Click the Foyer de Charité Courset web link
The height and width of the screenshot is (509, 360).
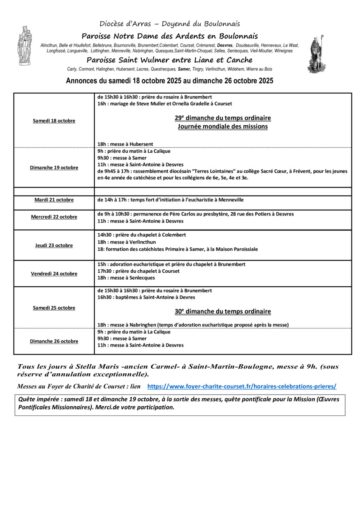point(241,386)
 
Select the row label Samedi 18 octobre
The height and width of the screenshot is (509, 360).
point(54,121)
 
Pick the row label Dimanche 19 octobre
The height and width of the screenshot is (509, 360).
point(54,168)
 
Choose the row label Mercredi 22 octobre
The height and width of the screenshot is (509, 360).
point(54,217)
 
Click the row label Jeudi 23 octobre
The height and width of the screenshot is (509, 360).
point(54,245)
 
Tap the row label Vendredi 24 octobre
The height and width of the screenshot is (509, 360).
point(54,274)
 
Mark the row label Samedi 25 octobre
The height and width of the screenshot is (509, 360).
point(54,308)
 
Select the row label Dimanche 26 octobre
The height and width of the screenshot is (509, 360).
point(54,341)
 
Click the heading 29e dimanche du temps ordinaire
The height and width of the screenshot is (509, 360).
point(222,118)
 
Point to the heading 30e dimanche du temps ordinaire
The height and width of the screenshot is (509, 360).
point(222,311)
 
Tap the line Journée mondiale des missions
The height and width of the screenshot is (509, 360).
point(222,126)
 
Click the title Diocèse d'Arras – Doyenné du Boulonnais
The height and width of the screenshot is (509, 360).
point(169,24)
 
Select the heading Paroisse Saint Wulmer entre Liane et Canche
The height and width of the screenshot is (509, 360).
point(169,60)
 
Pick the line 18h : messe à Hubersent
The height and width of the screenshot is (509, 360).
point(125,144)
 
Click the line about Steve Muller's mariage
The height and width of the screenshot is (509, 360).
point(164,103)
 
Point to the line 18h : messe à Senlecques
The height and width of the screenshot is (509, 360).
point(126,278)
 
